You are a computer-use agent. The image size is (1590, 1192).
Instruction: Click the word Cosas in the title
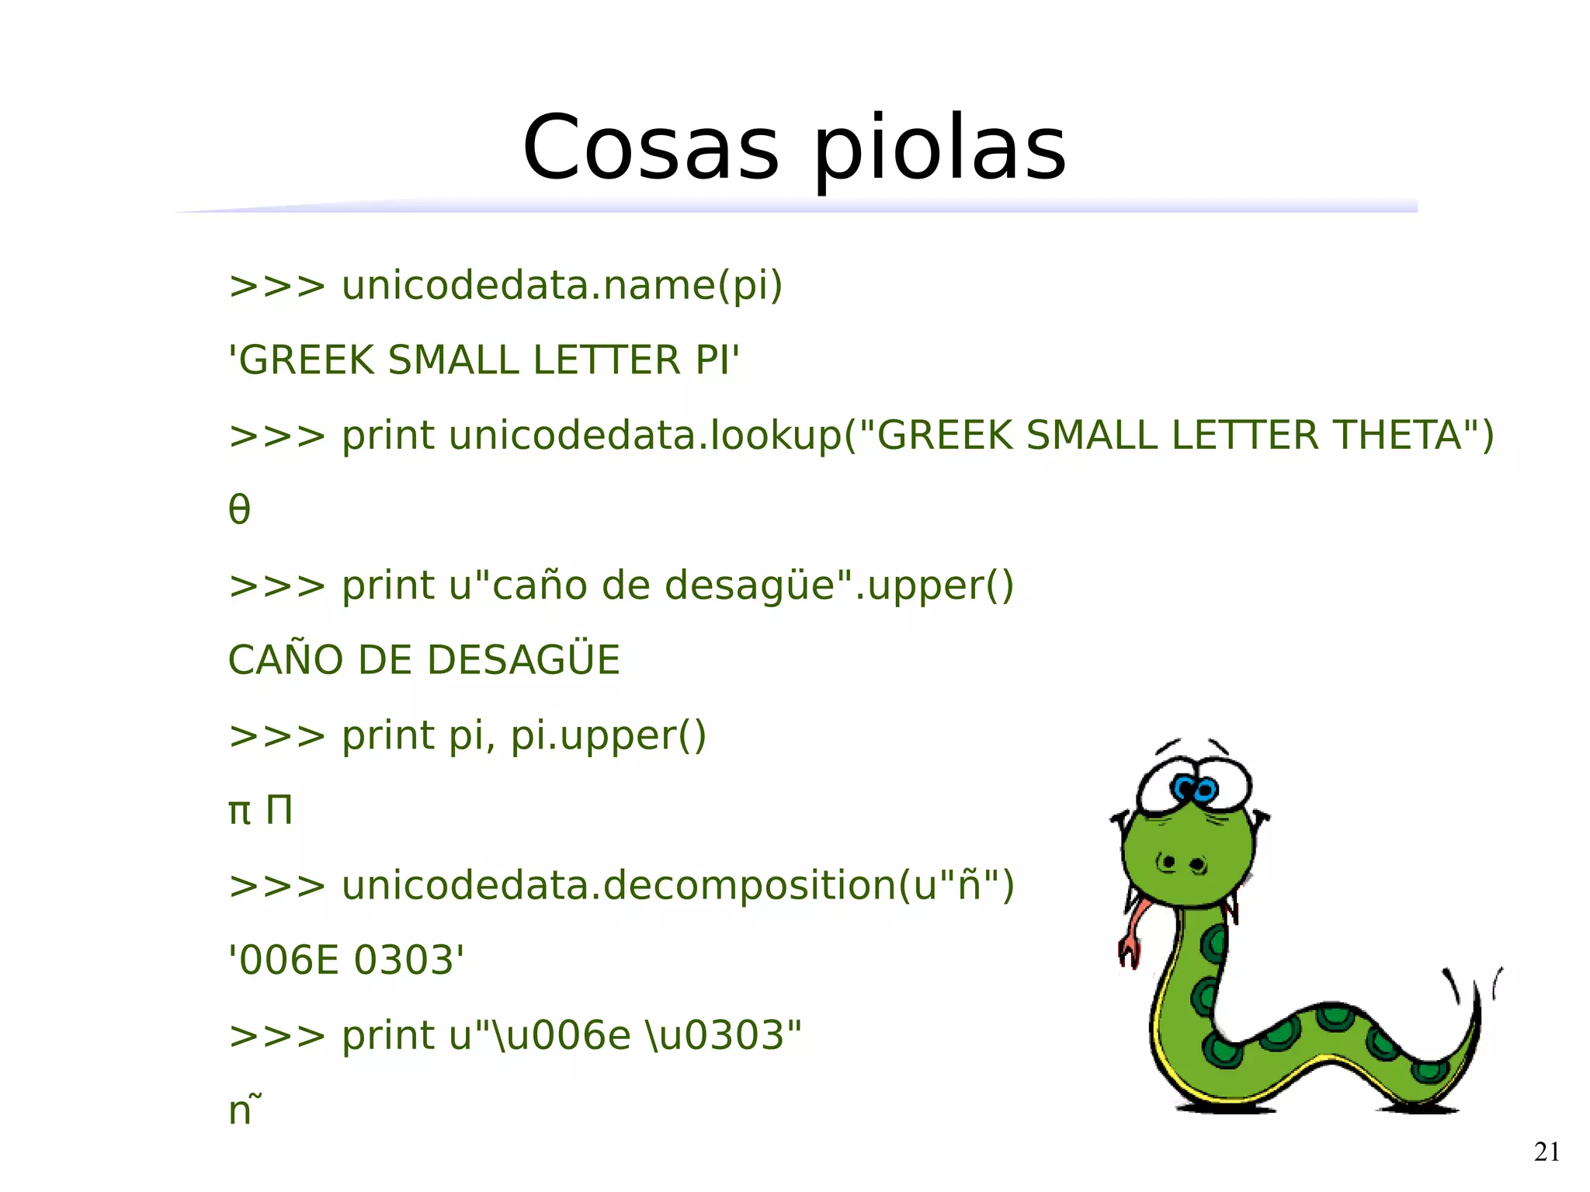click(651, 148)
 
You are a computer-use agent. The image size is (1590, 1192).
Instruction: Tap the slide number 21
click(1547, 1152)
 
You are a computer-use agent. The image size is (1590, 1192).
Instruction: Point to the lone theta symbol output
click(239, 509)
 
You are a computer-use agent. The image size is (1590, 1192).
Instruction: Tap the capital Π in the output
click(279, 810)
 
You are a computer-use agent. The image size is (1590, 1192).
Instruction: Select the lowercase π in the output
click(239, 812)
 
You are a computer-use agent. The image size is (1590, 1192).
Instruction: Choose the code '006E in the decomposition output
click(284, 960)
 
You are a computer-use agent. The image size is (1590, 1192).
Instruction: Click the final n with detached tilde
click(242, 1109)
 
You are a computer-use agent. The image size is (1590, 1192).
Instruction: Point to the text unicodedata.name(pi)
click(562, 286)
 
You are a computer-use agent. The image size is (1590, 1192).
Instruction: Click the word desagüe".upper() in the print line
click(838, 585)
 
